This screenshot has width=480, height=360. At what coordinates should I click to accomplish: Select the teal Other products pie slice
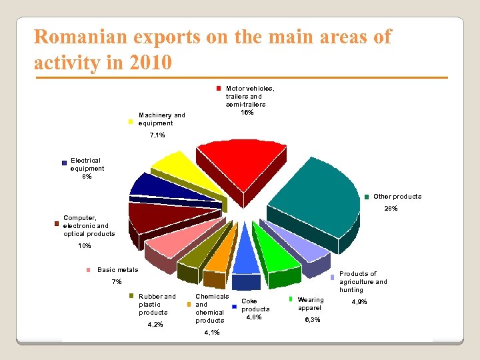(x=313, y=193)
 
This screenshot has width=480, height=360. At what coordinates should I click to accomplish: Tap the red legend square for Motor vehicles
(x=218, y=89)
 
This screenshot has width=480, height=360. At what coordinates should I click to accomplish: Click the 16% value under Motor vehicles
(x=247, y=112)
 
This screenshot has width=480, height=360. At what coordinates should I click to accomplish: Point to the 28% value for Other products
(x=391, y=209)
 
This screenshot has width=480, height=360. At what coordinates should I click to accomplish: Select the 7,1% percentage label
(x=157, y=135)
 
